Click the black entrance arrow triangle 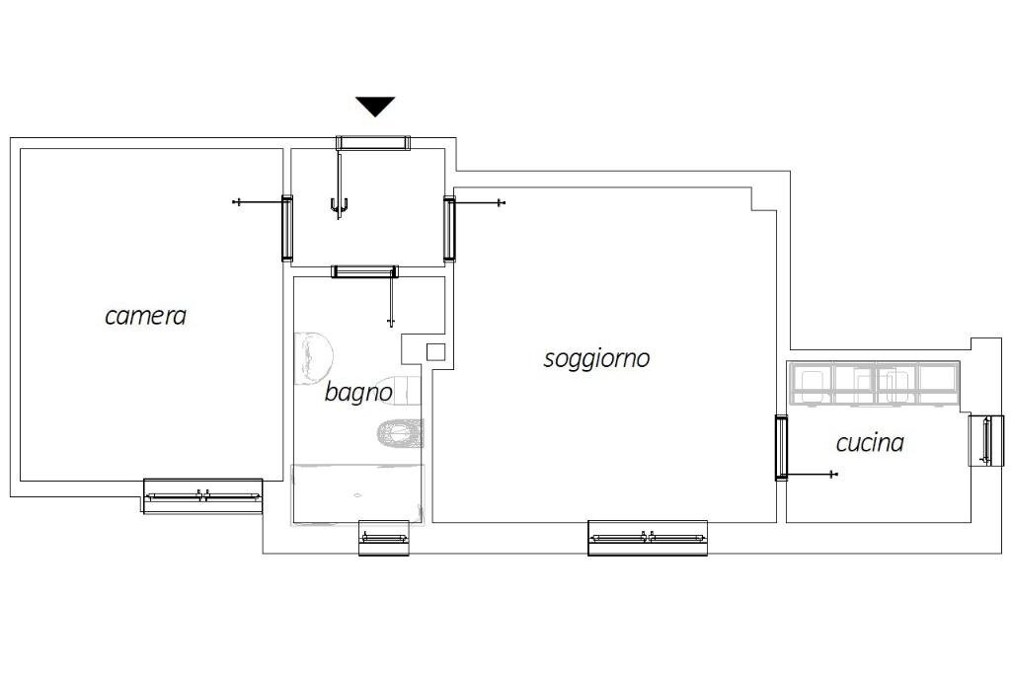(375, 106)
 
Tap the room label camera (146, 316)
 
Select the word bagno (358, 392)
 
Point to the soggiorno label (596, 358)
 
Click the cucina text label (870, 443)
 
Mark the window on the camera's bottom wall (202, 495)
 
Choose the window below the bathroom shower (384, 538)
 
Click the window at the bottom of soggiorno (648, 538)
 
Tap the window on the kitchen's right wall (986, 440)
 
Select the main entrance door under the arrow (372, 143)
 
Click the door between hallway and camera (287, 228)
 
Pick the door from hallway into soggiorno (449, 228)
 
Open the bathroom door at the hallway (364, 271)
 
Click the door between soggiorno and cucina (781, 447)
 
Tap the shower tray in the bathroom (357, 493)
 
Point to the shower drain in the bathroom (357, 495)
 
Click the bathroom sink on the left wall (313, 358)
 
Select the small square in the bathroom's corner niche (435, 352)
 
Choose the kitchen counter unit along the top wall (875, 384)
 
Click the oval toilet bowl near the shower (400, 432)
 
